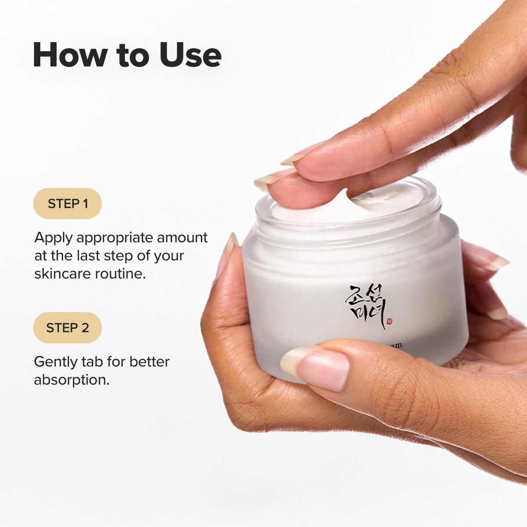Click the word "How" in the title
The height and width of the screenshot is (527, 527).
70,55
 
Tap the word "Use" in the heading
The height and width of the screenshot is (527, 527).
190,55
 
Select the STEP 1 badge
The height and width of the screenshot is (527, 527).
68,203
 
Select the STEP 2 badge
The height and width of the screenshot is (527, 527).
68,328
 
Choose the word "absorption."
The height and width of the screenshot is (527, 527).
72,380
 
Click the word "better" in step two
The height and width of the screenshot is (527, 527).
149,361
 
